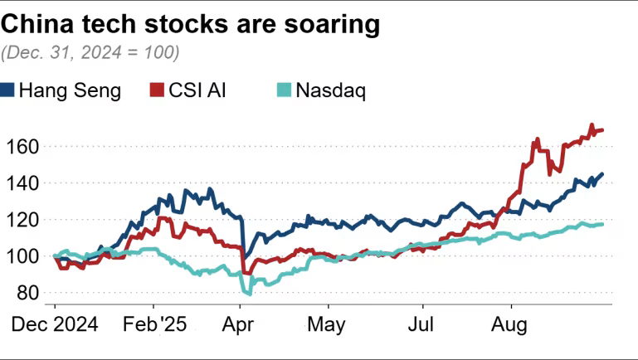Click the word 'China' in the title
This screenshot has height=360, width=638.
click(x=39, y=25)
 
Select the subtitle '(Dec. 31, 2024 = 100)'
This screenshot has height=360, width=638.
click(x=90, y=52)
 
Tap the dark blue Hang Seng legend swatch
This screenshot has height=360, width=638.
click(x=8, y=90)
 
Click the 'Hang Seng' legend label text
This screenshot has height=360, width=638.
click(x=70, y=90)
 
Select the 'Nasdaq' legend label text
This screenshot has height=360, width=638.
click(x=332, y=90)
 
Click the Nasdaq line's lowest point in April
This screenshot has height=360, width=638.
click(x=247, y=293)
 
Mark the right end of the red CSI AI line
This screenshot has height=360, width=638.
click(x=602, y=130)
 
